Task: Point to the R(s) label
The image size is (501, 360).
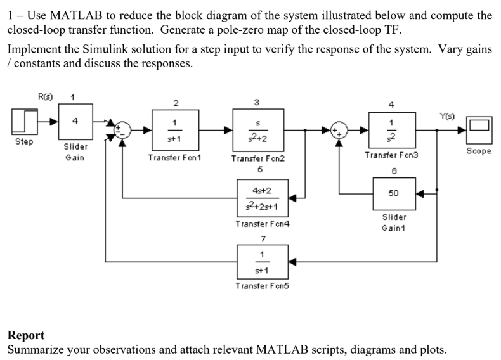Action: pyautogui.click(x=46, y=97)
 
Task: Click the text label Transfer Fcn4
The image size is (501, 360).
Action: pyautogui.click(x=259, y=224)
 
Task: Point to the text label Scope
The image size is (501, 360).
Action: pyautogui.click(x=479, y=152)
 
